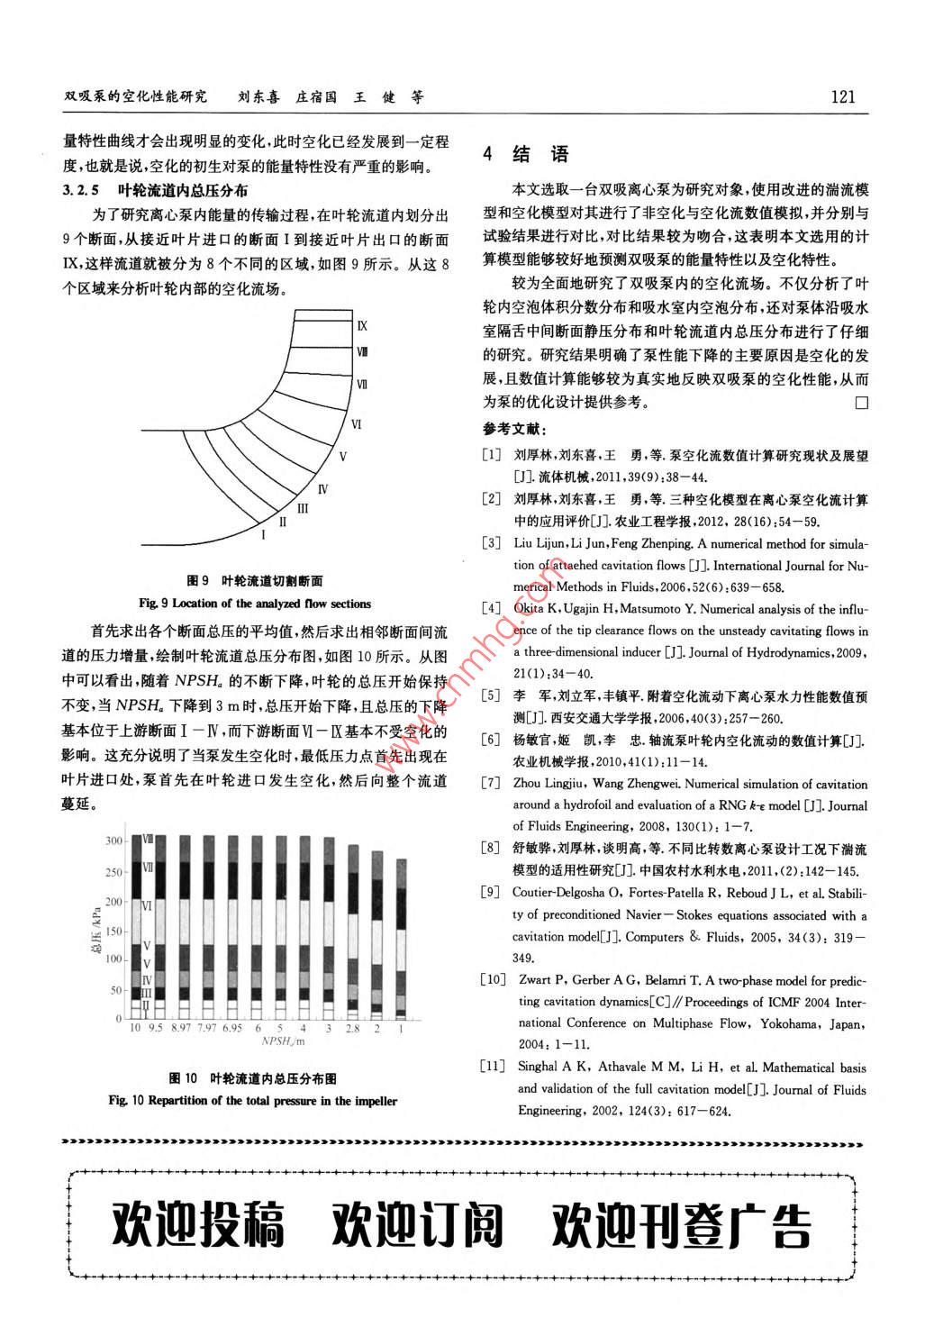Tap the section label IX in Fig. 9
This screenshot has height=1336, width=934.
pyautogui.click(x=362, y=326)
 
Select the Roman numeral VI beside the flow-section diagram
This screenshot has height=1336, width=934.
pyautogui.click(x=357, y=423)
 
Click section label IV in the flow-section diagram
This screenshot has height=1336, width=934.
pyautogui.click(x=322, y=489)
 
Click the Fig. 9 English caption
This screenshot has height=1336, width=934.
pyautogui.click(x=255, y=604)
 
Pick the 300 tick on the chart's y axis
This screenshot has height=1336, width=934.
pyautogui.click(x=114, y=841)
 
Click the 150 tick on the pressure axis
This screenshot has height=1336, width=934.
pyautogui.click(x=114, y=931)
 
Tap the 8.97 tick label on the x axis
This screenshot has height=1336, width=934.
pyautogui.click(x=182, y=1028)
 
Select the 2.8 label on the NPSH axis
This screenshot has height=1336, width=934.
pyautogui.click(x=352, y=1028)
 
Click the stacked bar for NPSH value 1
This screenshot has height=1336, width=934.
pyautogui.click(x=402, y=938)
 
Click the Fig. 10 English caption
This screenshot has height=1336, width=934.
pyautogui.click(x=253, y=1101)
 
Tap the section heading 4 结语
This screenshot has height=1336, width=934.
pyautogui.click(x=526, y=154)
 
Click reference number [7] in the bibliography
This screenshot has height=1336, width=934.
pyautogui.click(x=491, y=784)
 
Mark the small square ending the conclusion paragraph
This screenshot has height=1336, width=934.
pyautogui.click(x=861, y=403)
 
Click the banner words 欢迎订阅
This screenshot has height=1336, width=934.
pyautogui.click(x=417, y=1222)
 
